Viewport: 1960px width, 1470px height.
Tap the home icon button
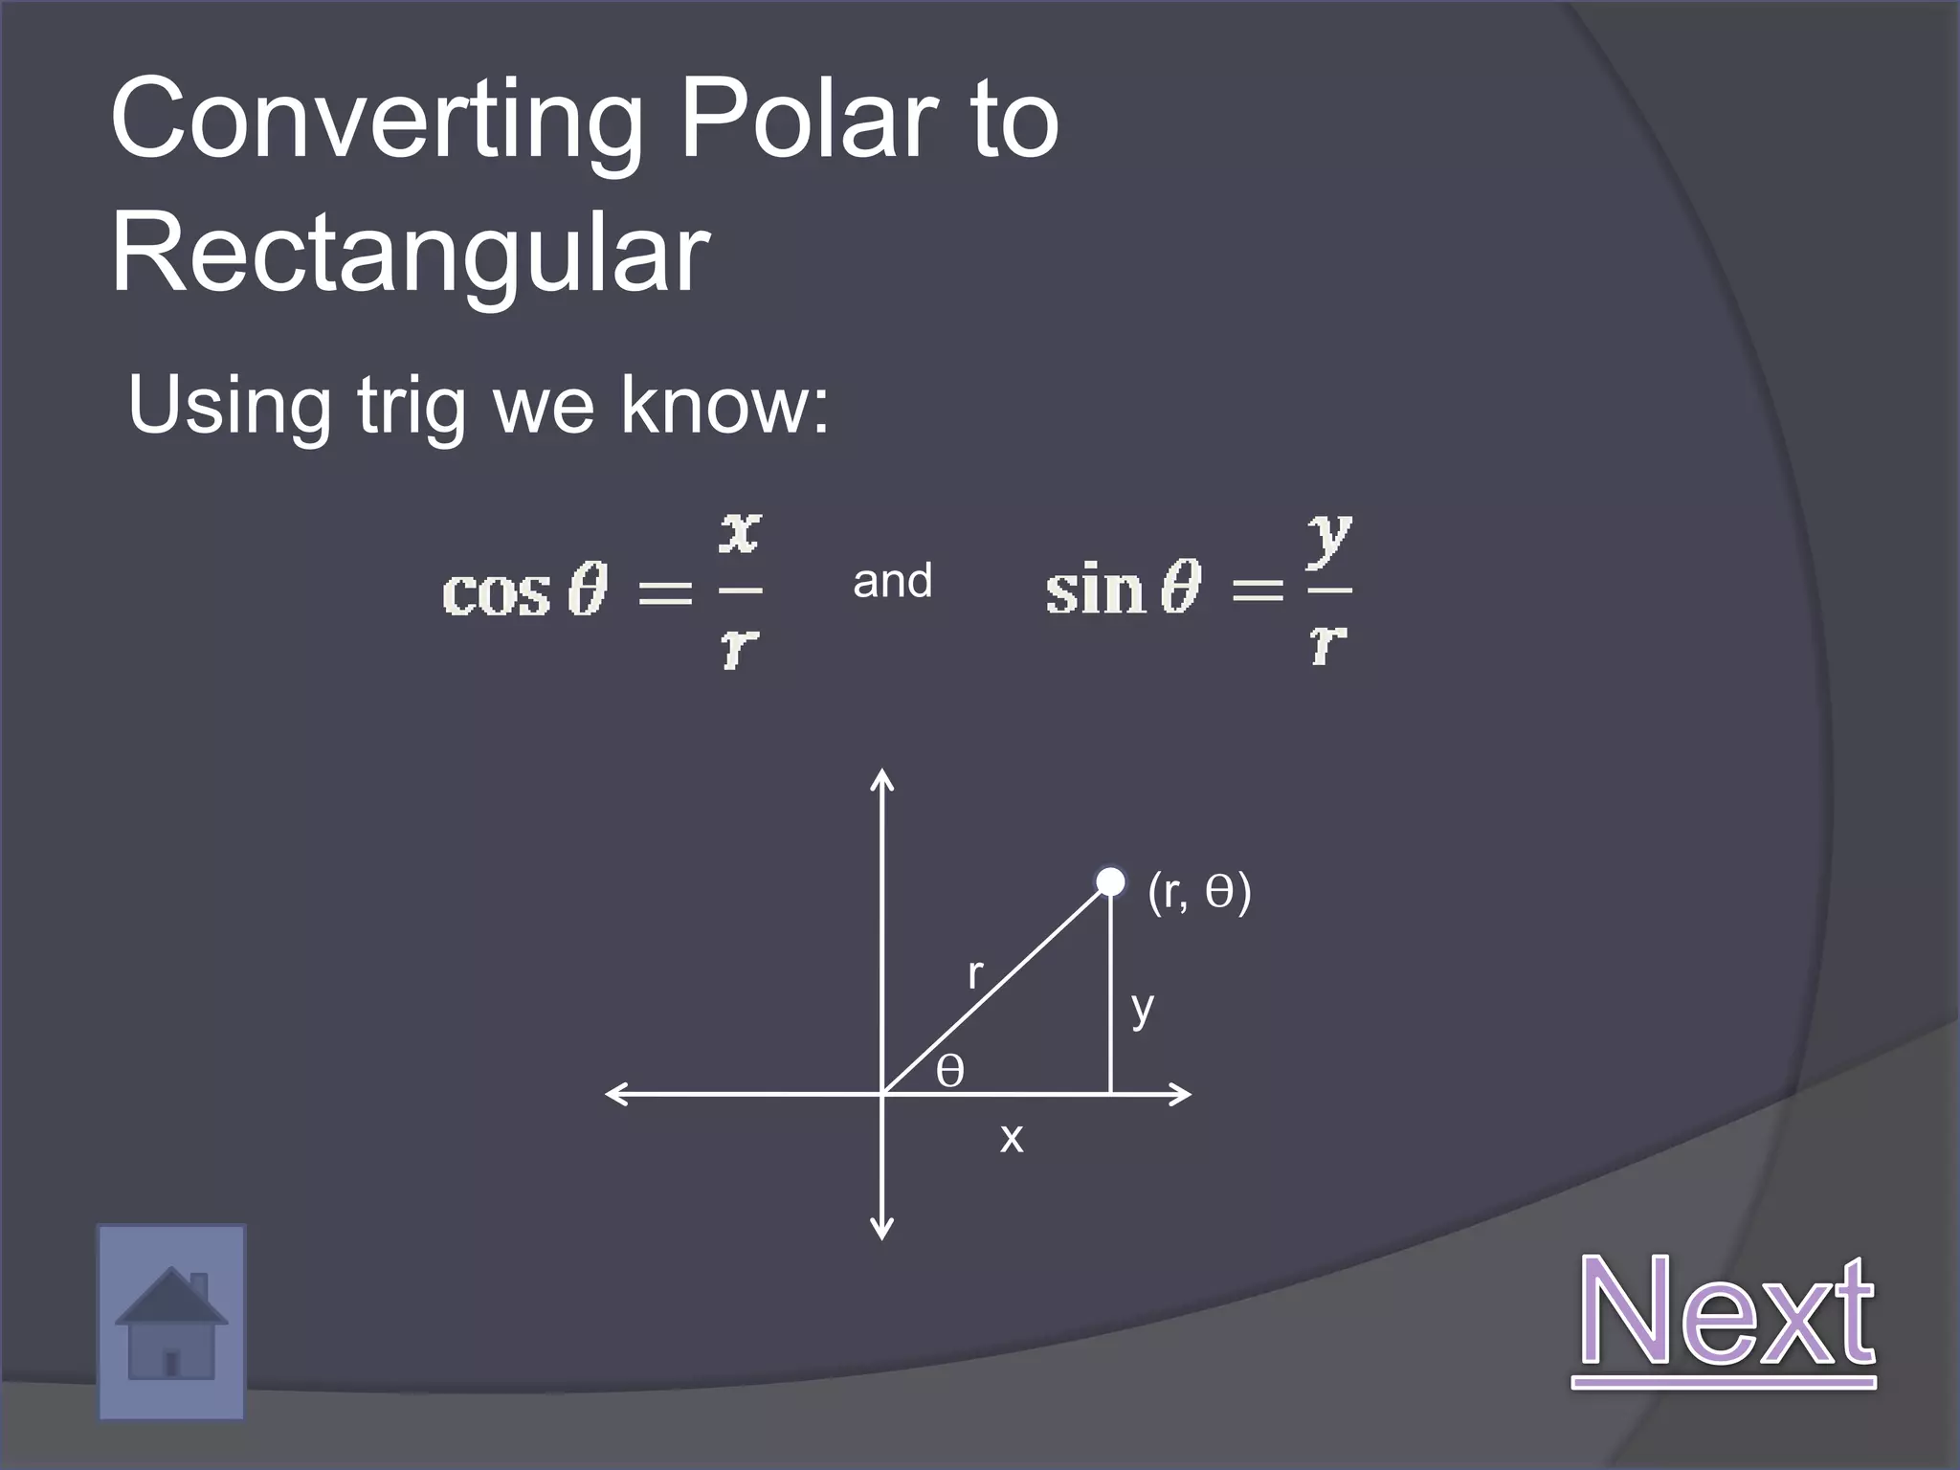[x=171, y=1323]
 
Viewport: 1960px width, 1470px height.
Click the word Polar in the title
[x=806, y=120]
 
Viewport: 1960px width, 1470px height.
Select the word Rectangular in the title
[x=411, y=254]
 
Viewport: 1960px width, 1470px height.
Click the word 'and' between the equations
[x=892, y=581]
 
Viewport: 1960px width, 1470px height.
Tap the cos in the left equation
[x=496, y=592]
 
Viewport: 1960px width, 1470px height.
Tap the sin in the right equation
[x=1095, y=589]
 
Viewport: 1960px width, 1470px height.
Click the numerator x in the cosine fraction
[x=740, y=534]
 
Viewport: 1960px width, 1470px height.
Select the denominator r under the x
[x=740, y=648]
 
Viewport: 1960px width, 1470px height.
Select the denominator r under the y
[x=1328, y=643]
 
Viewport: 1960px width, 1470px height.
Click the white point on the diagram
[x=1110, y=881]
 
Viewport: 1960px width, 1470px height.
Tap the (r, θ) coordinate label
[x=1199, y=892]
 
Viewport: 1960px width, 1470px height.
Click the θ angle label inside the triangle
[x=949, y=1071]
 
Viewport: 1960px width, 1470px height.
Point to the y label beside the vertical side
[x=1142, y=1009]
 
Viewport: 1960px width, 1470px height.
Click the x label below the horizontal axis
[x=1012, y=1139]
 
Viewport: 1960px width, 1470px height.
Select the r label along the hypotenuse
[x=975, y=974]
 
